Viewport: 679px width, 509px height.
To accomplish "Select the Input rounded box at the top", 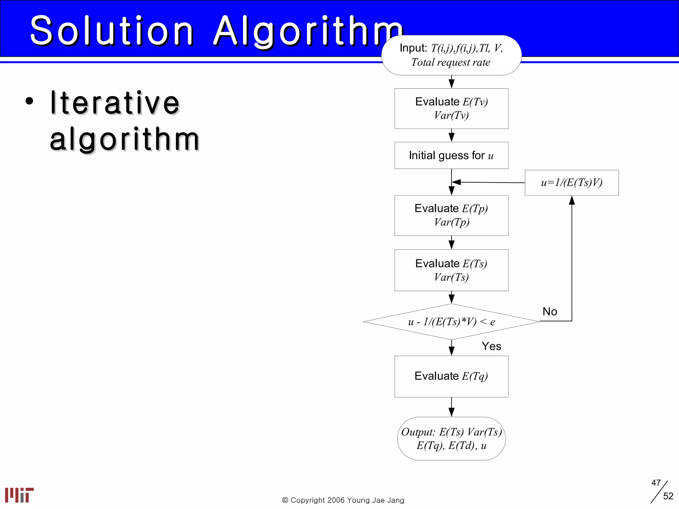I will (451, 55).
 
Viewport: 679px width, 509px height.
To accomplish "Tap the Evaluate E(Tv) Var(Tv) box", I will (451, 108).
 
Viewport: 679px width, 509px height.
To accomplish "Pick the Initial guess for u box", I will (451, 155).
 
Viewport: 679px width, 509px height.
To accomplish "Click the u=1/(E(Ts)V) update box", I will (572, 183).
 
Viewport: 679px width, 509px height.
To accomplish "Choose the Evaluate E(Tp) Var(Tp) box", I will (451, 215).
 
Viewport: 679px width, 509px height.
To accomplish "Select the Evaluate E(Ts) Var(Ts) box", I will (451, 270).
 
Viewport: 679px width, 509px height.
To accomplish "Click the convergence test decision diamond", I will (451, 322).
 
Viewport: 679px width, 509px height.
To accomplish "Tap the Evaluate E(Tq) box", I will (451, 376).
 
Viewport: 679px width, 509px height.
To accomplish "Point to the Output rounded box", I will (451, 438).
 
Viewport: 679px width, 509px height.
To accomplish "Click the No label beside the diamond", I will (550, 311).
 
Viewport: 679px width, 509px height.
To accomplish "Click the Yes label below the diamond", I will (491, 346).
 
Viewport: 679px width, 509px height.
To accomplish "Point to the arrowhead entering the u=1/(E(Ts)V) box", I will (572, 200).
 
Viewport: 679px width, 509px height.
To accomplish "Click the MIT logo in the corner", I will (19, 495).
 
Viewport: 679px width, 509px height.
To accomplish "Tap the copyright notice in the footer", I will (343, 500).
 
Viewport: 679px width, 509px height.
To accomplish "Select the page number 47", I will (656, 483).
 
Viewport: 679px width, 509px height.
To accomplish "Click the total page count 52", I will (668, 496).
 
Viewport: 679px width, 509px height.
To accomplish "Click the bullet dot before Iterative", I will (30, 101).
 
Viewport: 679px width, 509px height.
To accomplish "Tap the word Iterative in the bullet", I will (115, 103).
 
